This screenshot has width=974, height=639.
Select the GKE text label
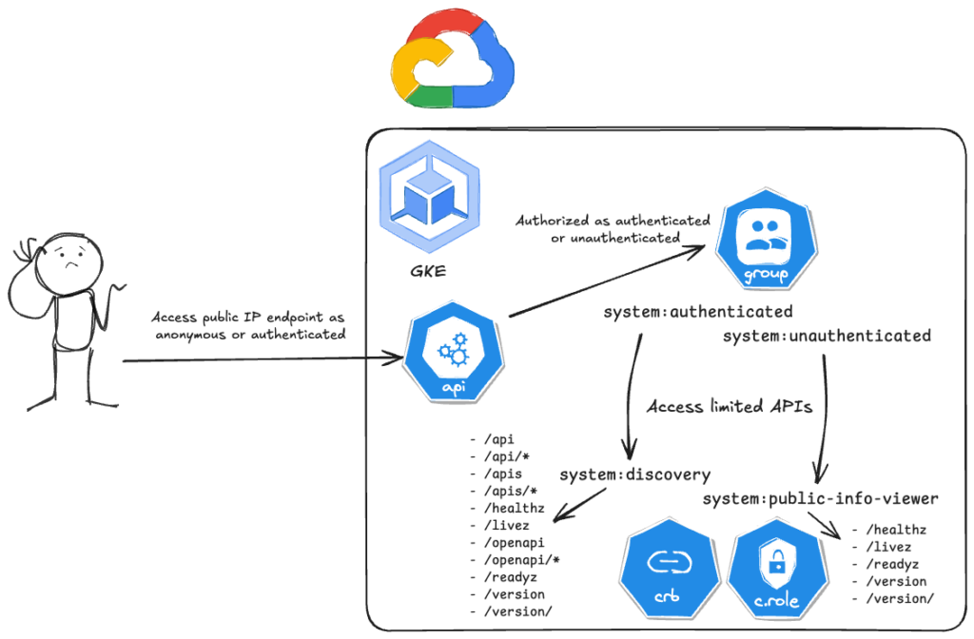[x=429, y=272]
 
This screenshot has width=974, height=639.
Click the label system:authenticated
[x=698, y=312]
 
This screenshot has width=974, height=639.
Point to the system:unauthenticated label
[x=827, y=336]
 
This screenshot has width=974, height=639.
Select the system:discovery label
[x=634, y=473]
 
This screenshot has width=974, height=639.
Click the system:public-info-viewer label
[x=821, y=498]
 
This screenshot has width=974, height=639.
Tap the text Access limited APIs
[x=729, y=407]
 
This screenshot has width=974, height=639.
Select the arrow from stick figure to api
[x=257, y=359]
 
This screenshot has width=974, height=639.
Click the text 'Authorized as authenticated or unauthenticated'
[x=613, y=228]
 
